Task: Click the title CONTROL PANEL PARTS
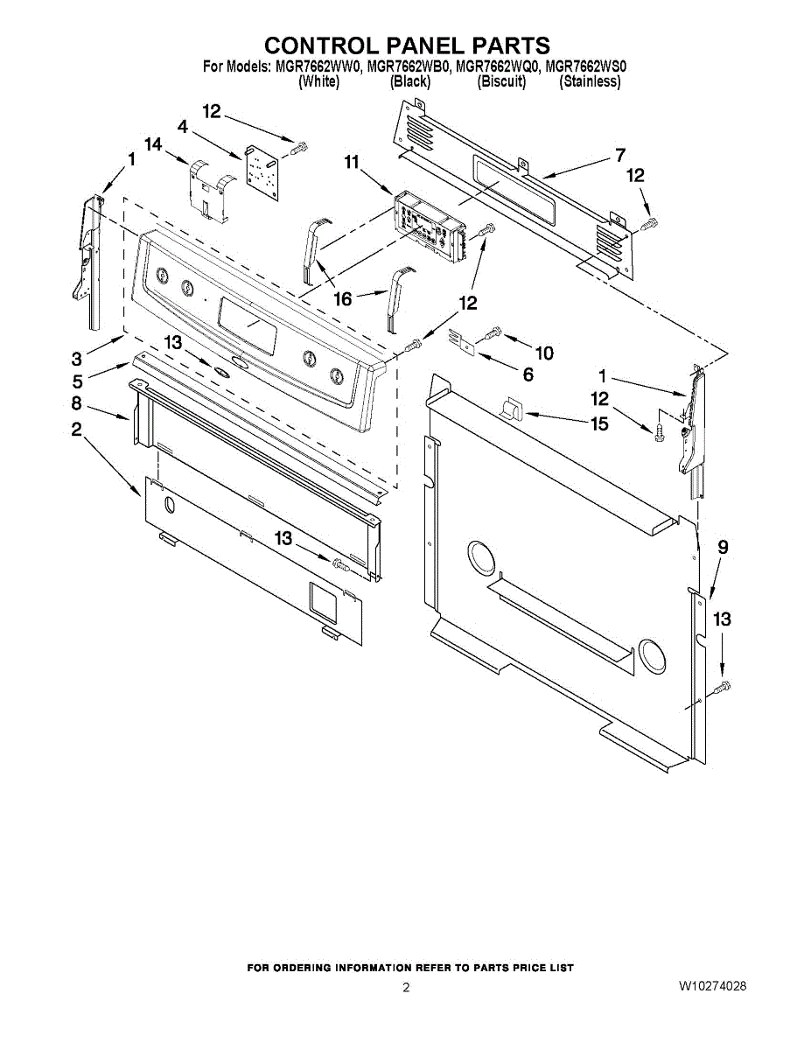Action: click(407, 45)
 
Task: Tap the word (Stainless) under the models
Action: click(590, 81)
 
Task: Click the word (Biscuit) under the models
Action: click(501, 81)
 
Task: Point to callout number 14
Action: click(154, 144)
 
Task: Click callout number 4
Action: click(183, 126)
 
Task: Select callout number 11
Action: click(352, 162)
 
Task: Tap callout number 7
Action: click(620, 156)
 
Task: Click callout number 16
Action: click(342, 299)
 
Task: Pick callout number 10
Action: click(544, 353)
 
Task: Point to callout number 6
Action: click(528, 374)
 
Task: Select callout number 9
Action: click(723, 548)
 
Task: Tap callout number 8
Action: click(77, 403)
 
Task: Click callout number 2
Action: click(77, 429)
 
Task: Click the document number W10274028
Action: click(712, 987)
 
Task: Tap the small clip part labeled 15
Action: click(512, 407)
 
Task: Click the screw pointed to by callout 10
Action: click(493, 331)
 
